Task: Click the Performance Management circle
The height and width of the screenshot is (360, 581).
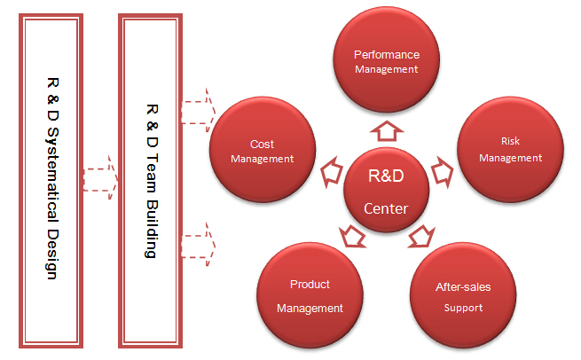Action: [x=387, y=59]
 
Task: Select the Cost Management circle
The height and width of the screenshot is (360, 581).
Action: [x=263, y=150]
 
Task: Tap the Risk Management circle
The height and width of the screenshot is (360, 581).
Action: [x=511, y=150]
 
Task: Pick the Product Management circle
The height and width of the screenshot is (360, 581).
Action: [x=310, y=295]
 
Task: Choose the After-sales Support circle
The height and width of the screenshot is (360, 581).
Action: [x=463, y=295]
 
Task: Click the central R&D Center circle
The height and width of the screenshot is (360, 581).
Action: [x=387, y=190]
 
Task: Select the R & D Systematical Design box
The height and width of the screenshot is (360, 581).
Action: [x=51, y=181]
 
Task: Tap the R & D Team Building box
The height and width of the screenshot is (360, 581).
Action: [x=151, y=181]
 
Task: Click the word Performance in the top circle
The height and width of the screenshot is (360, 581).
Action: [x=387, y=55]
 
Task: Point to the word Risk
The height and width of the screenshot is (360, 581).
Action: [x=510, y=141]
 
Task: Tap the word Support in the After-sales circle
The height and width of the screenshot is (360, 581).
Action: [x=463, y=309]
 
